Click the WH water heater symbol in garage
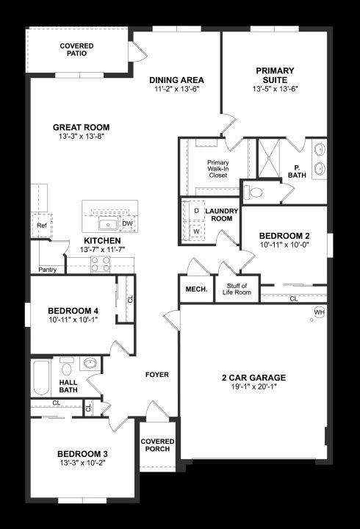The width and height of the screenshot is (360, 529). [x=319, y=312]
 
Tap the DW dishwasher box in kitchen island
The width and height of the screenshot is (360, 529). [x=127, y=223]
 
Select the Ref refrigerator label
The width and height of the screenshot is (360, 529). [x=42, y=226]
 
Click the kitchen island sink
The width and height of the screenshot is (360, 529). [x=108, y=223]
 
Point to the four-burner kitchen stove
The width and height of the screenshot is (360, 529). [x=101, y=264]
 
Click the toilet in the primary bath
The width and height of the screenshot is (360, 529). [x=253, y=192]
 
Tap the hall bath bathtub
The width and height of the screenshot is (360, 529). [x=41, y=378]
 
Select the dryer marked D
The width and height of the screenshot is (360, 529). [x=196, y=211]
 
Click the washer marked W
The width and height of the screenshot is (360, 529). [x=196, y=231]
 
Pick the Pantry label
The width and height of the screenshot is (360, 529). [x=47, y=270]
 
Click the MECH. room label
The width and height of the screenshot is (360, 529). [x=196, y=289]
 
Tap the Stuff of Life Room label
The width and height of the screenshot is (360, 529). [x=237, y=289]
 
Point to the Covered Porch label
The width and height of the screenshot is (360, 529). [x=157, y=445]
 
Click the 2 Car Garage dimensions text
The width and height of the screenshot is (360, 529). [x=253, y=386]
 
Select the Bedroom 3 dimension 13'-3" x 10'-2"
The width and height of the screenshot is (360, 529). [x=83, y=463]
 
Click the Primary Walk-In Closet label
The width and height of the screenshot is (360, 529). [x=218, y=169]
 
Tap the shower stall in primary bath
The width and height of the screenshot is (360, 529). [x=269, y=158]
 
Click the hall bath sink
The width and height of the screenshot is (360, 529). [x=90, y=364]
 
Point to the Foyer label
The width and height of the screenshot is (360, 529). [x=157, y=375]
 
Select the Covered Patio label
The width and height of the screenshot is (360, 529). [x=76, y=50]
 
